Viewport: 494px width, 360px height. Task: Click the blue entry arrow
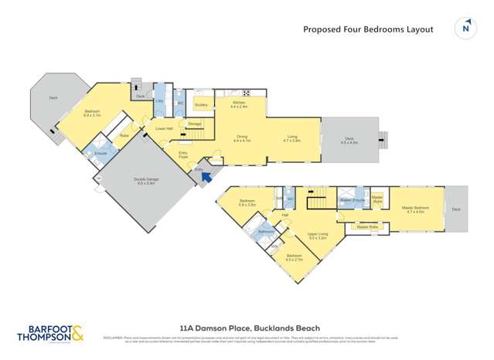[206, 178]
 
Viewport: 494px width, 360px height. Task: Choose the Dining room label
[242, 138]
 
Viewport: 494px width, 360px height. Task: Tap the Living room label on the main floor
[291, 138]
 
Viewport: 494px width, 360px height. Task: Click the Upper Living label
[318, 236]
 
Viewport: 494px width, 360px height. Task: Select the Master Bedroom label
[415, 209]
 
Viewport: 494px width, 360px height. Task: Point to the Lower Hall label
[162, 128]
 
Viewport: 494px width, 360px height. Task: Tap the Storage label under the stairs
[194, 124]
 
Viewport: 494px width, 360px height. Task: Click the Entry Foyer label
[183, 155]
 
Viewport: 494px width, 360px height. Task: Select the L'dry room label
[160, 101]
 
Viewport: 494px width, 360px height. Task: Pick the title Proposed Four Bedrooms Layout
[367, 29]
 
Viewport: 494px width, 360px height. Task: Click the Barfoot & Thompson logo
[51, 331]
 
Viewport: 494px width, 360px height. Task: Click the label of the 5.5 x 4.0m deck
[349, 141]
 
